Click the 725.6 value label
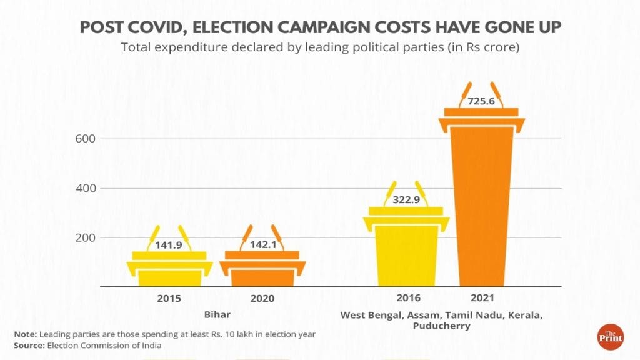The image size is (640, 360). point(481,100)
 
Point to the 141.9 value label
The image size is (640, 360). point(169,245)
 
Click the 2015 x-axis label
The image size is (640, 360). point(169,299)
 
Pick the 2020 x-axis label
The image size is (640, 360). point(262,299)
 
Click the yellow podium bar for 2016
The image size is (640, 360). point(406,250)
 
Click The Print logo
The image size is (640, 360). point(609,337)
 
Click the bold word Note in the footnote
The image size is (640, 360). point(25,334)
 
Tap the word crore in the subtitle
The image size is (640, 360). point(498,47)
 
